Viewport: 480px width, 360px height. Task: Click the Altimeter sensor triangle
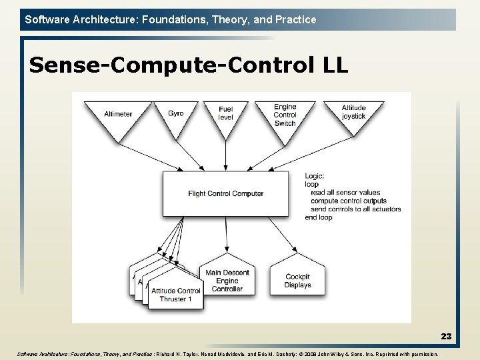(118, 116)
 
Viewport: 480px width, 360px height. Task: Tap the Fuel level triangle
(225, 116)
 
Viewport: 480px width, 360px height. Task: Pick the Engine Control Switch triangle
(285, 116)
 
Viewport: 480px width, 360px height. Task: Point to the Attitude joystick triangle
(353, 114)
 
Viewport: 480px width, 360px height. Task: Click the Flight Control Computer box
(225, 194)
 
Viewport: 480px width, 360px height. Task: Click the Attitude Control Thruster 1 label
(175, 295)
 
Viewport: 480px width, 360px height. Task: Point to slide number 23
(446, 337)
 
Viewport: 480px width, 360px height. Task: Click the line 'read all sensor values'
(345, 193)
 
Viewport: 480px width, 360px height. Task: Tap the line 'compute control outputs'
(348, 201)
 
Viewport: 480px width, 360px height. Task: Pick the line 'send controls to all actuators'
(355, 209)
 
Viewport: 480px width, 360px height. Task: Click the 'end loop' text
(319, 217)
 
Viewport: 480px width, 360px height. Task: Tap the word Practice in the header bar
(295, 19)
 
